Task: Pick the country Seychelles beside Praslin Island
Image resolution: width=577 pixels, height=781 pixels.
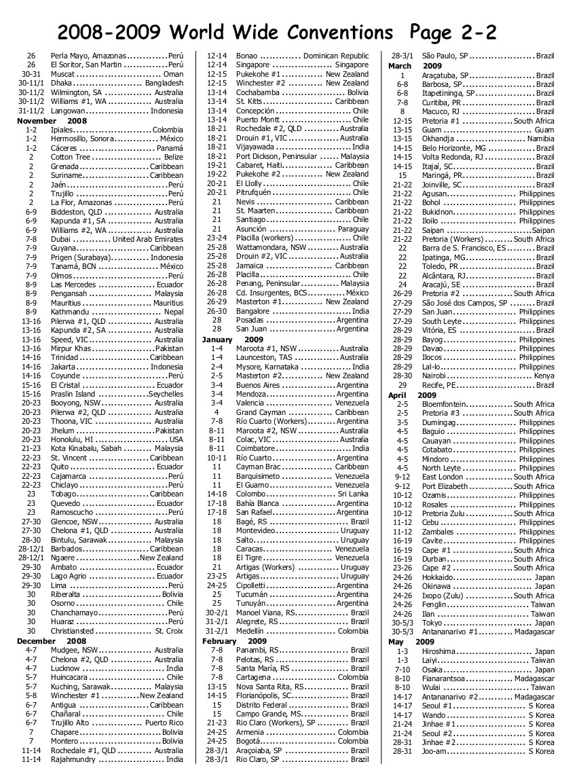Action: pyautogui.click(x=166, y=394)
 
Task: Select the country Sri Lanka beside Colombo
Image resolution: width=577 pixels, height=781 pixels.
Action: pyautogui.click(x=352, y=494)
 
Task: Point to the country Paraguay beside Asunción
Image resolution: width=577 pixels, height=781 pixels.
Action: pyautogui.click(x=353, y=230)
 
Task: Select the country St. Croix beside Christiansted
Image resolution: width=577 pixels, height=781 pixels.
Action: pyautogui.click(x=169, y=631)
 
